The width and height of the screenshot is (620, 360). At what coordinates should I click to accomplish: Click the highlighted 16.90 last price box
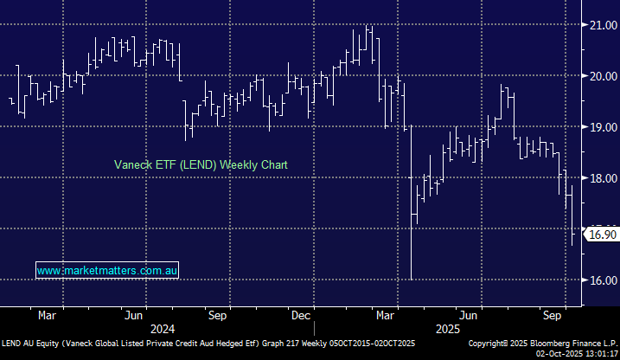click(x=601, y=234)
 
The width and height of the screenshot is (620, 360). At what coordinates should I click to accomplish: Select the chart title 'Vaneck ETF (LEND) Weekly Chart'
click(x=201, y=164)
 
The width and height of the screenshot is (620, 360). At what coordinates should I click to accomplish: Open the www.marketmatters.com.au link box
click(x=107, y=271)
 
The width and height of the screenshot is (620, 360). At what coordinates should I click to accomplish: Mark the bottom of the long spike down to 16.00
click(x=411, y=279)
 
